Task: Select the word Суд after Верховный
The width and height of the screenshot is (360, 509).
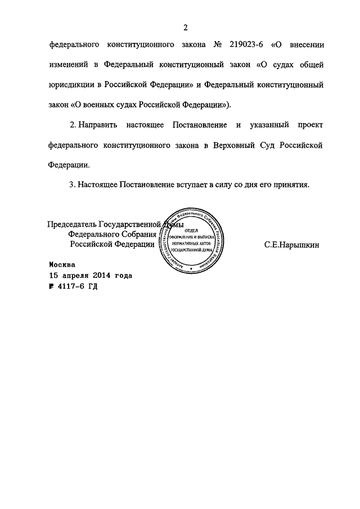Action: click(271, 145)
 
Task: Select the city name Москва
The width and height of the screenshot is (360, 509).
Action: click(61, 264)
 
